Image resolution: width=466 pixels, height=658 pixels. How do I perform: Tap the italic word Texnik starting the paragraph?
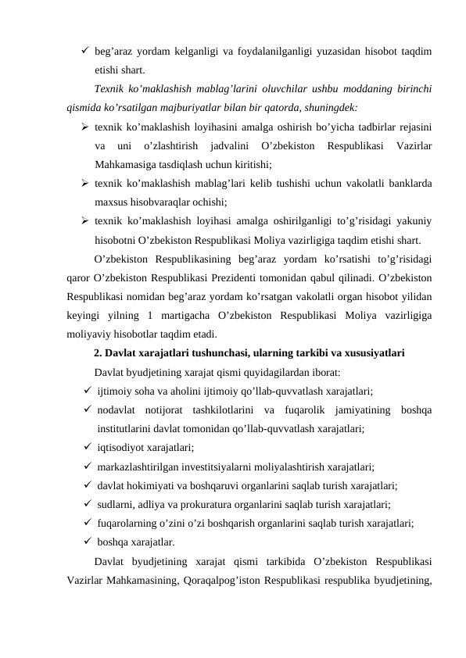click(x=109, y=88)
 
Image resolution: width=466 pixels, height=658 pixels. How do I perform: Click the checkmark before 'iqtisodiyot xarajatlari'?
click(x=83, y=447)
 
